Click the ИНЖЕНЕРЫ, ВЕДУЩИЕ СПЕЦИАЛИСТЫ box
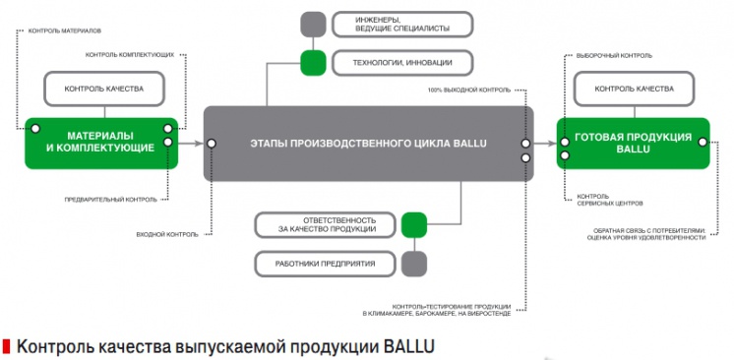pyautogui.click(x=399, y=24)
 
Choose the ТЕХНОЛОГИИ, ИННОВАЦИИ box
pyautogui.click(x=399, y=63)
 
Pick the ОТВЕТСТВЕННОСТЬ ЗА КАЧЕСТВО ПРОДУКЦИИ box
pyautogui.click(x=324, y=224)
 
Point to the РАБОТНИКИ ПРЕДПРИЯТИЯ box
pyautogui.click(x=324, y=263)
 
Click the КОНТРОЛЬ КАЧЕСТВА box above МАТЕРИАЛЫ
pyautogui.click(x=103, y=90)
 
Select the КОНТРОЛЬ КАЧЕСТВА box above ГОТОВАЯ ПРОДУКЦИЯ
pyautogui.click(x=635, y=90)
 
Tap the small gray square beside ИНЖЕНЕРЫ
pyautogui.click(x=314, y=24)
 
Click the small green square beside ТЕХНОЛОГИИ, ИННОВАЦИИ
pyautogui.click(x=314, y=63)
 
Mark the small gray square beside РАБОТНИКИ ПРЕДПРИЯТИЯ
pyautogui.click(x=414, y=263)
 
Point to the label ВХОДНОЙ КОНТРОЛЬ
pyautogui.click(x=167, y=234)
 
